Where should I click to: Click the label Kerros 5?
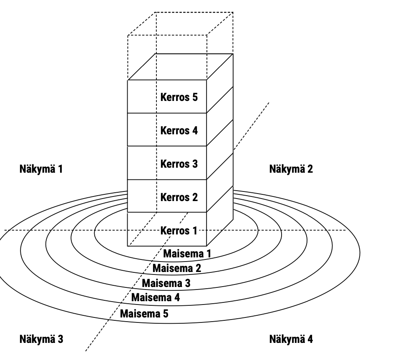tap(179, 98)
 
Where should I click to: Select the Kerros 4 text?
tap(179, 131)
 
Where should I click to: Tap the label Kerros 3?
tap(179, 164)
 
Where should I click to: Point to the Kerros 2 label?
tap(179, 196)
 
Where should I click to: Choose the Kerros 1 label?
tap(179, 230)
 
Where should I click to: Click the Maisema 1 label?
tap(187, 253)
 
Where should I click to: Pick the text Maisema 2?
tap(177, 268)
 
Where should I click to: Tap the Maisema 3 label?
tap(166, 283)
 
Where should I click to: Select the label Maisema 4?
tap(155, 297)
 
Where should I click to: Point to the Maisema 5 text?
tap(144, 313)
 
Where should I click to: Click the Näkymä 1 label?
tap(41, 169)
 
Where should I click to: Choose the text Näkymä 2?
tap(291, 169)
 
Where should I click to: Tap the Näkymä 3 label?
tap(41, 338)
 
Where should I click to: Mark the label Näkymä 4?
tap(291, 338)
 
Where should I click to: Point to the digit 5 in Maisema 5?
tap(166, 313)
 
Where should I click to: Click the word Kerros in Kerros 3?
tap(173, 164)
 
